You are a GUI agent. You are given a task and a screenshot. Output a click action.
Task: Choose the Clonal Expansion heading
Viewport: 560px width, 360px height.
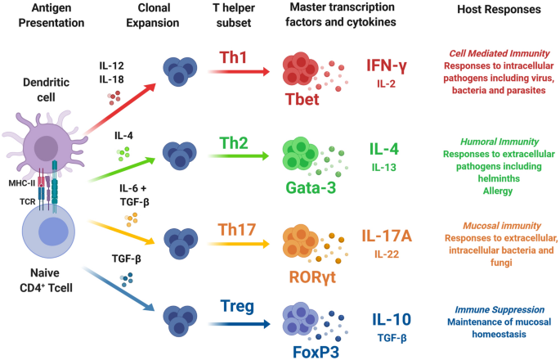(155, 16)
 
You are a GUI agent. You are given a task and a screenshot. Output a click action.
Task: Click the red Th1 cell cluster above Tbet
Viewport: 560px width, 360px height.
(304, 72)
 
